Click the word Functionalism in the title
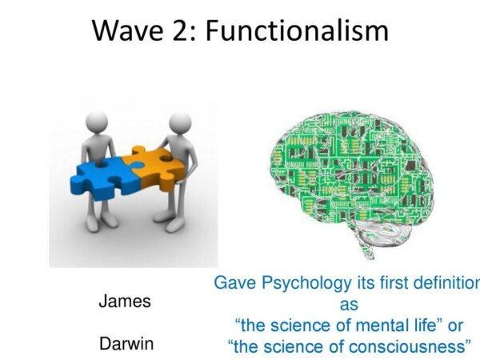[297, 30]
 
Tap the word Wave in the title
[128, 30]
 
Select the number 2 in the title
[181, 30]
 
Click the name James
[125, 301]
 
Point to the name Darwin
[126, 343]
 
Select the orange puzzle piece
[156, 167]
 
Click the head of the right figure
[180, 122]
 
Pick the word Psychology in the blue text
[306, 283]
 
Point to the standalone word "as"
[349, 306]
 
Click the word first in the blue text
[394, 282]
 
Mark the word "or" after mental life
[455, 326]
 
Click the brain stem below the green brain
[367, 245]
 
